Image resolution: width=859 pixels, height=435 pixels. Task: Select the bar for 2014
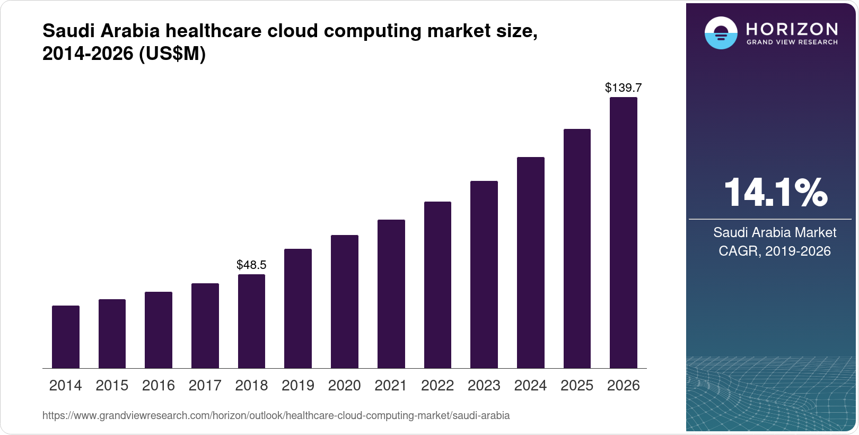click(x=66, y=337)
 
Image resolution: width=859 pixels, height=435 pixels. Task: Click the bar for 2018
click(x=251, y=321)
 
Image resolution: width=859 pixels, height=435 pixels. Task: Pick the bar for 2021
click(x=391, y=294)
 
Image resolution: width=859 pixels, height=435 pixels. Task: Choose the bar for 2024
click(x=531, y=263)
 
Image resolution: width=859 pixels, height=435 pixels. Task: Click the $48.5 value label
click(x=251, y=264)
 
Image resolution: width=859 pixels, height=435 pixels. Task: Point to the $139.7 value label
click(x=624, y=88)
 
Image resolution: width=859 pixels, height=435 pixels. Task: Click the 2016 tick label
click(x=159, y=385)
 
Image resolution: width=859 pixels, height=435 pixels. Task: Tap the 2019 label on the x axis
click(x=298, y=385)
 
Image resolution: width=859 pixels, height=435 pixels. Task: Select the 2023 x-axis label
click(x=484, y=385)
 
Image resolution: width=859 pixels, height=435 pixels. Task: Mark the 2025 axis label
click(x=577, y=385)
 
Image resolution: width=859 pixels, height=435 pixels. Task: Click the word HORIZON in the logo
click(x=792, y=29)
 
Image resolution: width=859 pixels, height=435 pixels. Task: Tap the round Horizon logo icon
click(x=721, y=33)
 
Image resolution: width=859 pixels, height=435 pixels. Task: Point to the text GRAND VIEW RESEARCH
click(x=792, y=42)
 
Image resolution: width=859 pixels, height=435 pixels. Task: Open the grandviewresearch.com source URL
click(x=276, y=415)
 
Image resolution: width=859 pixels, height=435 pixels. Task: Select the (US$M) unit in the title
click(x=172, y=54)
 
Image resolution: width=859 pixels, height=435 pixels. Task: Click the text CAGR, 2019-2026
click(x=775, y=251)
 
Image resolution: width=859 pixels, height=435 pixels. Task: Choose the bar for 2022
click(x=437, y=285)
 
